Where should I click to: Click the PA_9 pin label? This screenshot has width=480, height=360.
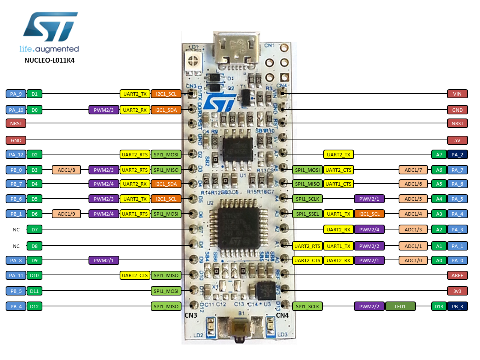[16, 94]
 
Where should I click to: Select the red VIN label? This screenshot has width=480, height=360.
[457, 94]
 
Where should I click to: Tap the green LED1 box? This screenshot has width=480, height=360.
[400, 306]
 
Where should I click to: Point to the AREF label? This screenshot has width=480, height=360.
[457, 275]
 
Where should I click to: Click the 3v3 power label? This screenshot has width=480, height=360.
[457, 291]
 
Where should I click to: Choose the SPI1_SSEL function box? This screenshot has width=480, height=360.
[307, 214]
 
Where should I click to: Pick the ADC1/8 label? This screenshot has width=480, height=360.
[66, 170]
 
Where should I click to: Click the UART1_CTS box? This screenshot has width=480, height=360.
[338, 184]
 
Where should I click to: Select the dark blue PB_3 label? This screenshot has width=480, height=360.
[457, 306]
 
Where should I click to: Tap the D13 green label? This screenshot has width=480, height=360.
[439, 306]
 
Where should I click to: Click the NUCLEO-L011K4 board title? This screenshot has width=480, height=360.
[49, 60]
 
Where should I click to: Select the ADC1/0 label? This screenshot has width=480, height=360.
[413, 260]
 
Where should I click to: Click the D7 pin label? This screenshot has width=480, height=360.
[34, 229]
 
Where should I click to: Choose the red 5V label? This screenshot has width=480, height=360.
[457, 140]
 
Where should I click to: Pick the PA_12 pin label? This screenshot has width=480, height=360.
[16, 154]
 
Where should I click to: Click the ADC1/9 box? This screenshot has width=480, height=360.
[66, 214]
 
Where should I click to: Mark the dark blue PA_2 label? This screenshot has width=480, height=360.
[457, 154]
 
